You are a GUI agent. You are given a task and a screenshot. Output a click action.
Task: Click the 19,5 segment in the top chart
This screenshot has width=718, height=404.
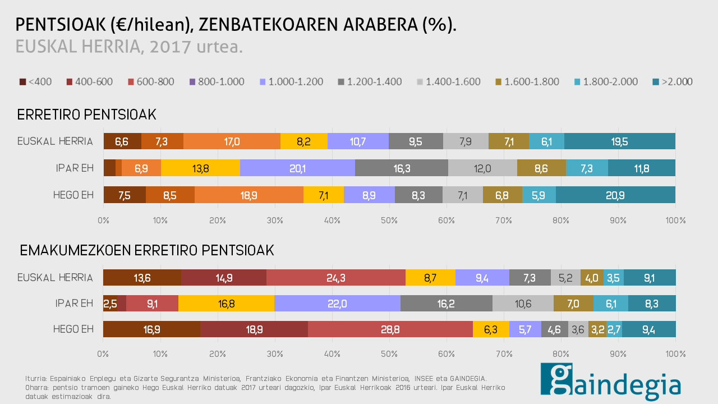click(x=619, y=141)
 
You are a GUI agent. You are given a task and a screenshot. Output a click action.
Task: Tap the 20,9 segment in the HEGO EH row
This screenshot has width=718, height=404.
click(x=615, y=195)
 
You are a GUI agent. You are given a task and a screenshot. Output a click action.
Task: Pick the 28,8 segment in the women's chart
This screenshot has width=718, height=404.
click(x=390, y=329)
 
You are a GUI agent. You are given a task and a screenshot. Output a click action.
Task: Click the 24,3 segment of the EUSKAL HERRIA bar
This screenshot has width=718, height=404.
click(x=336, y=277)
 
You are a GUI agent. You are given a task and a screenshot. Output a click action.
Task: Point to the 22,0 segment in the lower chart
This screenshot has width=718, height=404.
click(x=337, y=304)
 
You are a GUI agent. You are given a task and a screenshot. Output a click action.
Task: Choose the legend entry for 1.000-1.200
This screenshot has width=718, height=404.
click(x=291, y=82)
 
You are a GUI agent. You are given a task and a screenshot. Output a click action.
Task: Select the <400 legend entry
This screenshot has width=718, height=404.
click(x=35, y=82)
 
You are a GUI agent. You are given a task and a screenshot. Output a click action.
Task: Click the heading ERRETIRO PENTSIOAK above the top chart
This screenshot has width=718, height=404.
click(x=86, y=115)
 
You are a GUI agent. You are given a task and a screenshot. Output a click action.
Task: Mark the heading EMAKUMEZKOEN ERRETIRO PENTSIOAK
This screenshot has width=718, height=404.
click(x=147, y=251)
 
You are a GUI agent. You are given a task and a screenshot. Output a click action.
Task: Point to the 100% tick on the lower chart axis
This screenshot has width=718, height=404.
click(x=675, y=354)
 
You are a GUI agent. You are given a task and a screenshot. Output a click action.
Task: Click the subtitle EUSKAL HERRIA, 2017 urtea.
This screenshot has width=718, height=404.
click(x=129, y=47)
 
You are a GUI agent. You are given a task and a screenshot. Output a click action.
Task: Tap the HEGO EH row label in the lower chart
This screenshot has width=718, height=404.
click(x=73, y=329)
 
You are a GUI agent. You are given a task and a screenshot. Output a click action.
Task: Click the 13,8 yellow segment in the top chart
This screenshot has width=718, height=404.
click(x=200, y=168)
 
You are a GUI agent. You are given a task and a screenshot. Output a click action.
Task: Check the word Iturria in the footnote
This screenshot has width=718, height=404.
click(x=37, y=379)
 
